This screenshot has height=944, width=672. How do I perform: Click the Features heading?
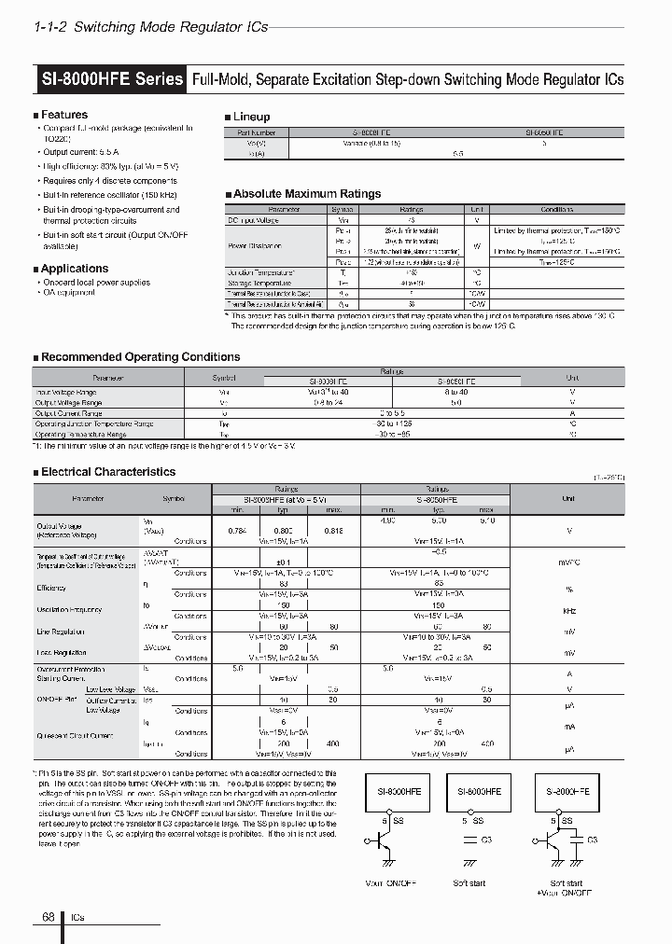coord(64,115)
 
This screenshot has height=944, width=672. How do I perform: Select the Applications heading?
coord(75,269)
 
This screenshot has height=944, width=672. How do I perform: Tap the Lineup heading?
coord(251,117)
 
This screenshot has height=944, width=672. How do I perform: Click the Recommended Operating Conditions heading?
coord(140,357)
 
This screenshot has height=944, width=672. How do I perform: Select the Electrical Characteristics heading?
coord(108,472)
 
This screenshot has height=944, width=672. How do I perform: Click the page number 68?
coord(48,917)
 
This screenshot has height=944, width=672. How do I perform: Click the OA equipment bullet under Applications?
coord(69,293)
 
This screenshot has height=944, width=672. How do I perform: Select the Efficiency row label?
coord(51,588)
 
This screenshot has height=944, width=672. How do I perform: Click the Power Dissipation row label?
coord(256,245)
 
